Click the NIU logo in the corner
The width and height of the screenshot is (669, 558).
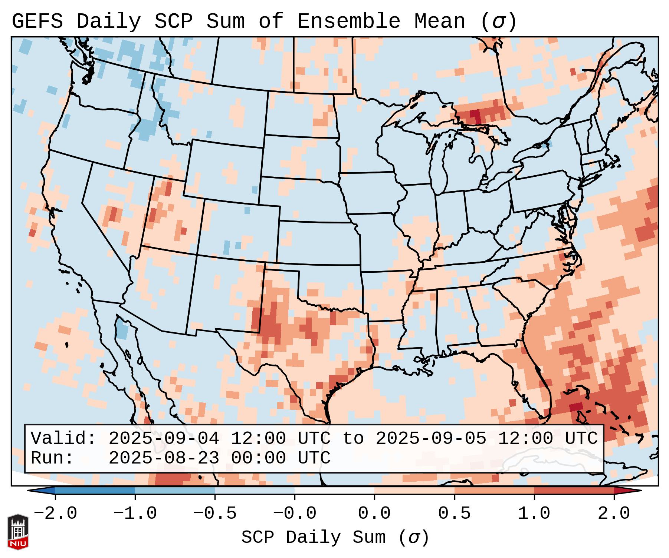[x=18, y=531]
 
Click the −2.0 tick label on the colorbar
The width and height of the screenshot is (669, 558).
[x=55, y=514]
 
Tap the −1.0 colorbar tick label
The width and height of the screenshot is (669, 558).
[x=135, y=514]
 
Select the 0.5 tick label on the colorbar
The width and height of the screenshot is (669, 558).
[x=454, y=514]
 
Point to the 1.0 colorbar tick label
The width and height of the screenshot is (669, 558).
[x=534, y=514]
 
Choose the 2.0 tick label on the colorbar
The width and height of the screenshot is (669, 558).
[x=614, y=514]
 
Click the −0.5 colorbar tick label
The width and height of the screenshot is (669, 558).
[x=215, y=514]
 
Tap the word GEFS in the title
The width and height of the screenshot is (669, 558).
[x=37, y=21]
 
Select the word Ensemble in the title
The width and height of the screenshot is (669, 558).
[x=349, y=21]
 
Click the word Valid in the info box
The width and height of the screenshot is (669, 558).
[x=63, y=438]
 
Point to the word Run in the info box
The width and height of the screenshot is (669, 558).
[x=52, y=458]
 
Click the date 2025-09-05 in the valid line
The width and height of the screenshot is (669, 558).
[x=431, y=438]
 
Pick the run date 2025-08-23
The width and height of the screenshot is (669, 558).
[x=164, y=458]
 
